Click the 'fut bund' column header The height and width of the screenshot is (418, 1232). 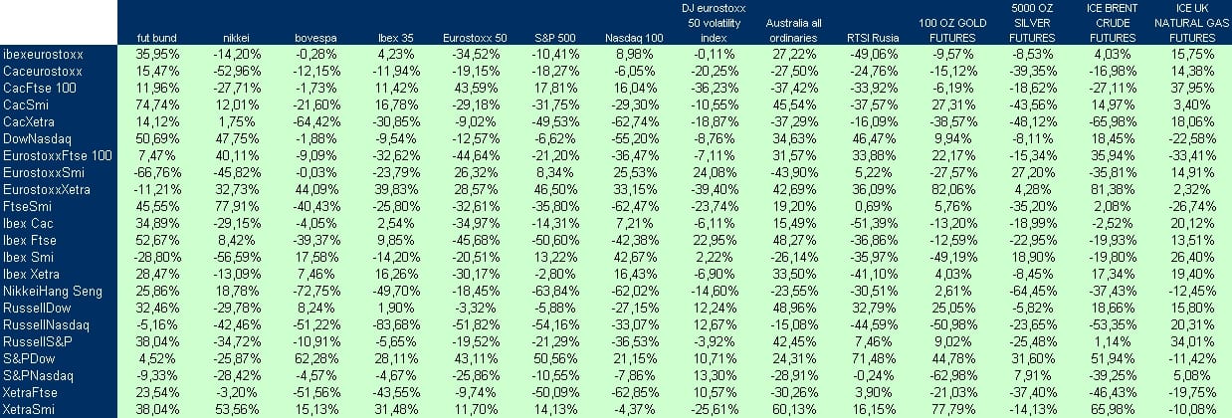[157, 38]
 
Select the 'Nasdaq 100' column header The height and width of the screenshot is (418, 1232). [634, 38]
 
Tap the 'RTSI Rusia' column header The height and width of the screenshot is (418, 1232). [873, 38]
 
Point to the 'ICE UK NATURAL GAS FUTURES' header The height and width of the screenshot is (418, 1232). [1191, 23]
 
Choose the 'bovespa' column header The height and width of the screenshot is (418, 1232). [315, 38]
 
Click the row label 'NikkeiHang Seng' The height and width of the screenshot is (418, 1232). [53, 291]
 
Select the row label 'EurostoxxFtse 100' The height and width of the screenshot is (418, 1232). [57, 155]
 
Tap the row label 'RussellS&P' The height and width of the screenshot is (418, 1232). [38, 341]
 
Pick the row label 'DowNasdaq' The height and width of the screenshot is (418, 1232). [37, 138]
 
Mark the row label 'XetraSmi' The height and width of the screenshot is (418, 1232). [29, 409]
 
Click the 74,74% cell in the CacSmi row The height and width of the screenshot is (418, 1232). [157, 105]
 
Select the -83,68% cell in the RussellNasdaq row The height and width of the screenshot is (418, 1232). [395, 325]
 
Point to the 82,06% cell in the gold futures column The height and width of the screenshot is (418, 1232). [953, 190]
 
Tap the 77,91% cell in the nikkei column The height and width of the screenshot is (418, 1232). [237, 206]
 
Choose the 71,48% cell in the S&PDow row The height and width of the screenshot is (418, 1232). [874, 358]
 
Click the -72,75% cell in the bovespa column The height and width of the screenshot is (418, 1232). [315, 291]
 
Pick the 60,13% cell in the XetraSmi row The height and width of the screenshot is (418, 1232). [794, 409]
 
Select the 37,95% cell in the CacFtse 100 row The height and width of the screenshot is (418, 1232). [1192, 88]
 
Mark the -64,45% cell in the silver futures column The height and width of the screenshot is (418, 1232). [1032, 291]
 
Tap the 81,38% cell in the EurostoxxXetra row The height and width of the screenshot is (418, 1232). [1113, 190]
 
